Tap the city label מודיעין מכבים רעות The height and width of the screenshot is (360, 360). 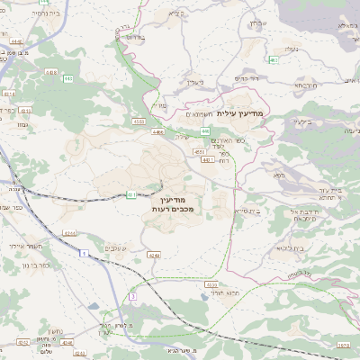click(x=174, y=203)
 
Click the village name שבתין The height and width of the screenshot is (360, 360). click(x=257, y=22)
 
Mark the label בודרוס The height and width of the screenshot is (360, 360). click(x=136, y=38)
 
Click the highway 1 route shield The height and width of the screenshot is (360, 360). click(x=85, y=256)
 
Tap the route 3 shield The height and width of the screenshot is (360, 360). click(x=132, y=295)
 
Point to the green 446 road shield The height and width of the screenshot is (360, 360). click(x=206, y=130)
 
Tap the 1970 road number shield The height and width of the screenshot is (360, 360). click(x=342, y=345)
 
